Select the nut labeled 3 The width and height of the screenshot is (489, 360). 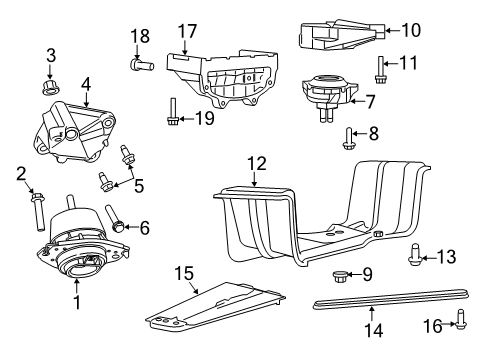tap(51, 74)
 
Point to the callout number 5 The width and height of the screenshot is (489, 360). tap(140, 184)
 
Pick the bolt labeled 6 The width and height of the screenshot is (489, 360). tap(116, 227)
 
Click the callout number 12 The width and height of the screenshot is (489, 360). tap(257, 162)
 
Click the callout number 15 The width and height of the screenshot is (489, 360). tap(183, 272)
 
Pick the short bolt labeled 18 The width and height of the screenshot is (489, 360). tap(139, 65)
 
